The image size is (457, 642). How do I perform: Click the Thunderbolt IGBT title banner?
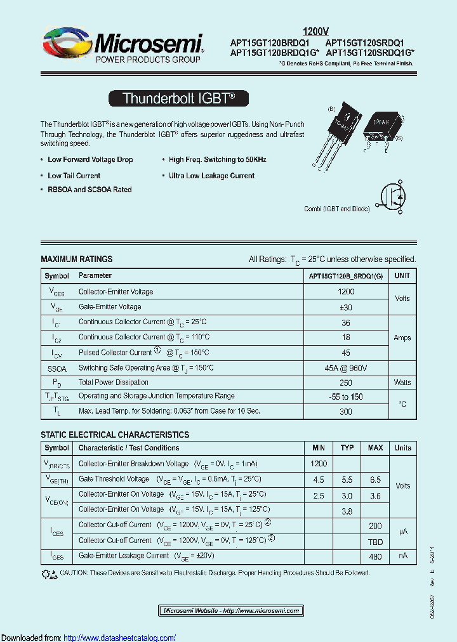pos(178,98)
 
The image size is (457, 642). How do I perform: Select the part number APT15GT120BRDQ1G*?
pos(275,53)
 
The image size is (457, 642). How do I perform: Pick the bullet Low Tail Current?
pos(74,176)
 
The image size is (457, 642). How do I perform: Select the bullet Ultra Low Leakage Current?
pos(211,176)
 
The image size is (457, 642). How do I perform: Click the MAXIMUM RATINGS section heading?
pos(76,259)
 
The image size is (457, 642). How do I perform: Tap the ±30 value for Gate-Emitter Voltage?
pos(346,307)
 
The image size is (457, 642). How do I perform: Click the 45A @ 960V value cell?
pos(346,368)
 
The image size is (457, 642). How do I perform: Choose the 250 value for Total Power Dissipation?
pos(346,383)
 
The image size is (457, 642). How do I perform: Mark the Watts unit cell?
pos(402,383)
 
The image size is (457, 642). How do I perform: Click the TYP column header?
pos(347,448)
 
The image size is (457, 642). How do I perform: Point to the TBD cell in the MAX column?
pos(375,541)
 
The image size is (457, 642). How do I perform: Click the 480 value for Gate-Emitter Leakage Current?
pos(375,556)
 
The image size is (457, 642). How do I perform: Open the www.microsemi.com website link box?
pos(230,610)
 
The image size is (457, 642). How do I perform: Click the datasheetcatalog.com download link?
pos(120,638)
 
